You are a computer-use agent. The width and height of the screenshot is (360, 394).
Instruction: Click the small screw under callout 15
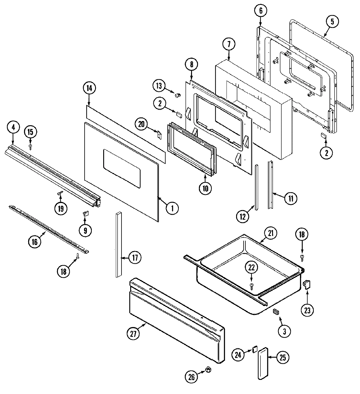pos(30,146)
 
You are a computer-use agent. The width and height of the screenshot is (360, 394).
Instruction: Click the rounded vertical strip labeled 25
pos(263,363)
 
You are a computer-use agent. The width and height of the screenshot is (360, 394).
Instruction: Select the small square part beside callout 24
pos(255,349)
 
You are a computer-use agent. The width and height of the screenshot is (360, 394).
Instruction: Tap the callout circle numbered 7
pos(229,44)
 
